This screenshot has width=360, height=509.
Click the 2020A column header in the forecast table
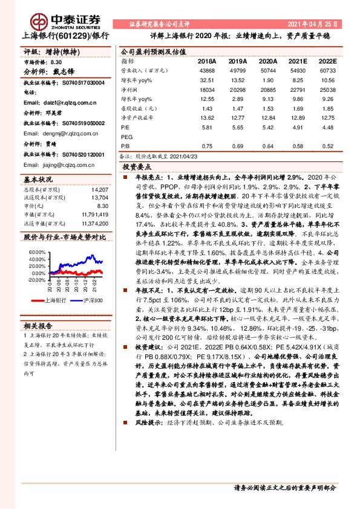click(x=267, y=61)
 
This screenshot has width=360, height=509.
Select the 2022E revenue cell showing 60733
click(x=328, y=71)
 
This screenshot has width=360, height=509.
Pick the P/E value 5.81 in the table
click(x=206, y=128)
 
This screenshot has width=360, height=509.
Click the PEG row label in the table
click(x=127, y=137)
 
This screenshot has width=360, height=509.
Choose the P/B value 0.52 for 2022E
click(x=328, y=146)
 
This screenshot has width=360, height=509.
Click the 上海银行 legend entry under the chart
click(x=54, y=299)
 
